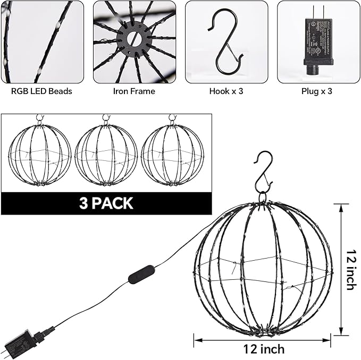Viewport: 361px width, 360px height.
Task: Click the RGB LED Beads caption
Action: point(41,91)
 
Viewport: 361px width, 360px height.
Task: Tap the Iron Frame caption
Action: point(134,91)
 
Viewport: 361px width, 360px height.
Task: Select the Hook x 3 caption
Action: point(226,91)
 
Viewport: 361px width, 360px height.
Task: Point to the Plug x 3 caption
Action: point(317,91)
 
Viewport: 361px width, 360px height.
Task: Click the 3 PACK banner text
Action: point(106,203)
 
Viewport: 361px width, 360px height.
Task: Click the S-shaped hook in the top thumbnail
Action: point(226,42)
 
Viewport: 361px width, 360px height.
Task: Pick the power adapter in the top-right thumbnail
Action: point(317,41)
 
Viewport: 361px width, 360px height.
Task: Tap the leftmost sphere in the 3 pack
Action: point(40,155)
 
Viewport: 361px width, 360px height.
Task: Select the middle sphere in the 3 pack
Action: point(106,155)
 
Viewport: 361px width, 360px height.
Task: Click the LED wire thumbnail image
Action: point(41,41)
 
